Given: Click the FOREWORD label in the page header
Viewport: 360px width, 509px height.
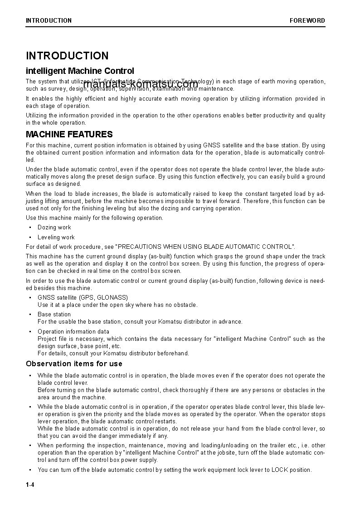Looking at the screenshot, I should point(307,20).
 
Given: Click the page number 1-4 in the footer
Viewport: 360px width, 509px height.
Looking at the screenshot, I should point(30,485).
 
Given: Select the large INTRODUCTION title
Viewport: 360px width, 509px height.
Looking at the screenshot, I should point(67,56).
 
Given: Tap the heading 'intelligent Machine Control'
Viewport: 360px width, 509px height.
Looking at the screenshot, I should point(80,71).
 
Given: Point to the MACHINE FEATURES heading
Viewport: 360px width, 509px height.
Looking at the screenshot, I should point(69,134).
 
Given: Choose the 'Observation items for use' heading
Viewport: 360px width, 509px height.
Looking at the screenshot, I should point(74,364).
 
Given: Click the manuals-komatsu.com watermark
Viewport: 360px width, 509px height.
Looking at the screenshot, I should point(141,84).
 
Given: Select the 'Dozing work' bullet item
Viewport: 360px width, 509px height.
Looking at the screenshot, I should point(54,228).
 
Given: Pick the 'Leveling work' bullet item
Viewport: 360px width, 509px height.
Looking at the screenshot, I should point(56,237).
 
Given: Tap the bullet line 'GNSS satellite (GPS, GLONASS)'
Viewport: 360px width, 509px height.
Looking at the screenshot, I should point(83,297).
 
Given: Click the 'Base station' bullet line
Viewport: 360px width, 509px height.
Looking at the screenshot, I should point(54,314).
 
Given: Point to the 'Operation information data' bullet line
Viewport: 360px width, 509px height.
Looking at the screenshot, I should point(73,331).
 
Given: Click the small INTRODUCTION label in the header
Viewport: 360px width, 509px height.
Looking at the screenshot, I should point(49,20).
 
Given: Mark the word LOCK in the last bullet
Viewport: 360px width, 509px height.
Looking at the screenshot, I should point(279,470).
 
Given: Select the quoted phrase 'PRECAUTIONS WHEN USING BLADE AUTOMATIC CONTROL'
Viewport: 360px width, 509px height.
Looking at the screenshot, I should point(205,247).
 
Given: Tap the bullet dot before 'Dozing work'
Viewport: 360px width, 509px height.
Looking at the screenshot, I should point(30,228).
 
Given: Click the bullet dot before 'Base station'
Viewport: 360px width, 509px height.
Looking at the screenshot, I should point(30,314).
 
